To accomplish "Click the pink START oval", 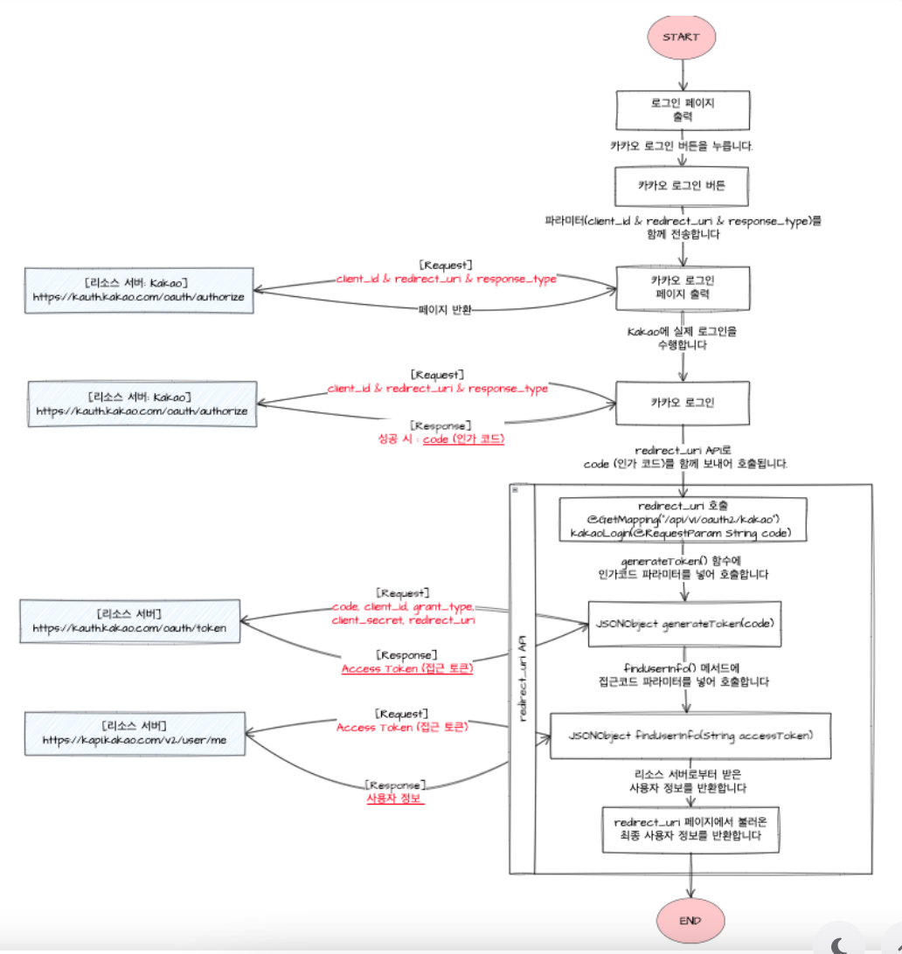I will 681,37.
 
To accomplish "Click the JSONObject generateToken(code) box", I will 683,624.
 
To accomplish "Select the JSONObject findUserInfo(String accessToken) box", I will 690,736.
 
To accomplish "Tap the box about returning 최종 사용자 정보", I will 690,829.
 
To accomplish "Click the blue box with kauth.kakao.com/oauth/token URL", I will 129,621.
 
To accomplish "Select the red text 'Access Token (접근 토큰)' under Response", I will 407,668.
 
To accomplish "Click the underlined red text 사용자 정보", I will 395,798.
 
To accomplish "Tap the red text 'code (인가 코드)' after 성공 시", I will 463,439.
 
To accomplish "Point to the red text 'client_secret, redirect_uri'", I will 403,619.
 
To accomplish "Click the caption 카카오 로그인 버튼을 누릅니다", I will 682,146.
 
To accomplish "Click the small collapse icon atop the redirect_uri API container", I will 515,490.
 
